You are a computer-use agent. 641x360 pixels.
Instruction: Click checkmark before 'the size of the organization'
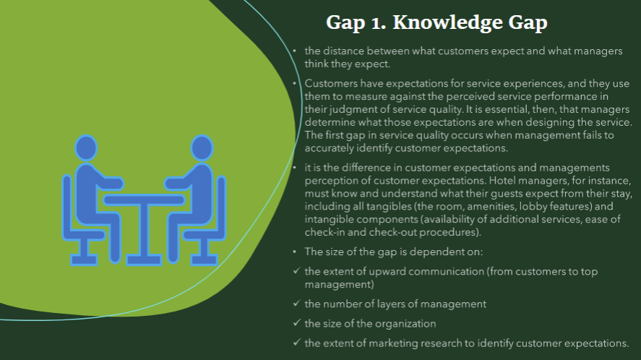click(x=296, y=323)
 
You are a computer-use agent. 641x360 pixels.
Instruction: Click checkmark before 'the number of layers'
click(x=296, y=304)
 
